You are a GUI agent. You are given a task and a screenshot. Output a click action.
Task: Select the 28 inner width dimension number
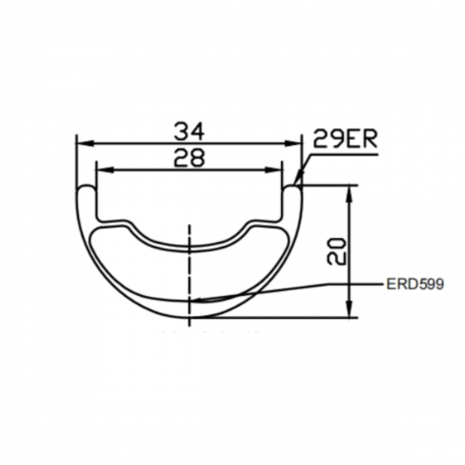[190, 158]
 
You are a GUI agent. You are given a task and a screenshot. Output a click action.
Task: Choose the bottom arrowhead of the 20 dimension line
[350, 314]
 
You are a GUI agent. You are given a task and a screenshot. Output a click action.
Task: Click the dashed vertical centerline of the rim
[190, 270]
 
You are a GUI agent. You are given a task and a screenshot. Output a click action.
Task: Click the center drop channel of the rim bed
[190, 245]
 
